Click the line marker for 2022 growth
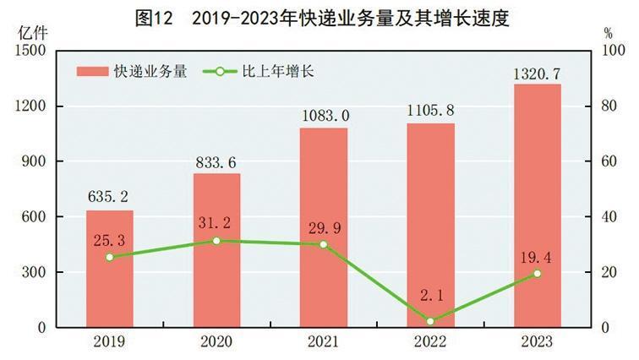point(430,321)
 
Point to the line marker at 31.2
point(216,241)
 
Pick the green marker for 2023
point(537,274)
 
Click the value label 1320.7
point(537,74)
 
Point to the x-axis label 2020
point(216,341)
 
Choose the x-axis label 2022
point(430,341)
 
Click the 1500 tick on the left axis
point(30,51)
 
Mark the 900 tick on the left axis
point(33,161)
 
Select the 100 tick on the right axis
point(602,51)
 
